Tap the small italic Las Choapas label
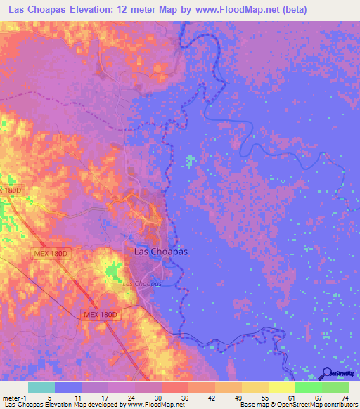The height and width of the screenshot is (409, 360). pos(142,283)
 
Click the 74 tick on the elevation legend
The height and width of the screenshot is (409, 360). pos(345,397)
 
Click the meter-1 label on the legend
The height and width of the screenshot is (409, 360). pos(14,397)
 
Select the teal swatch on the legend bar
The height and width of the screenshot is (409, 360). pos(41,387)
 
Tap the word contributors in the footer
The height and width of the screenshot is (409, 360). pos(339,405)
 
